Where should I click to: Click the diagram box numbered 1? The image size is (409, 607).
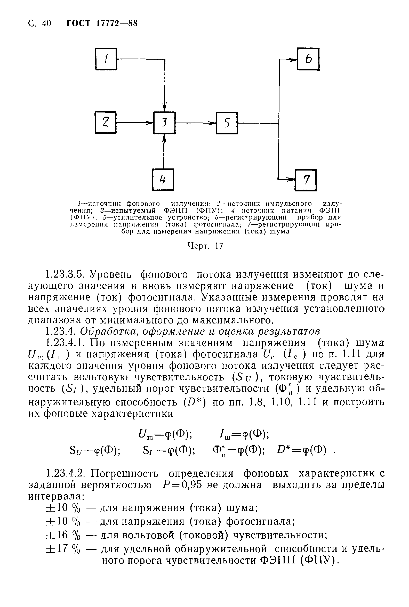click(106, 59)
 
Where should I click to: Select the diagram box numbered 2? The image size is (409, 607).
click(105, 122)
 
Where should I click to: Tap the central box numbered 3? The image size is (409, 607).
click(164, 123)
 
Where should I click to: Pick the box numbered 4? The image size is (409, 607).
click(163, 180)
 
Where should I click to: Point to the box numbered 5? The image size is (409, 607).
click(227, 123)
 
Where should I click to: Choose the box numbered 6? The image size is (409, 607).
click(308, 59)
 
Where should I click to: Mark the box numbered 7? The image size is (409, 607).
click(306, 180)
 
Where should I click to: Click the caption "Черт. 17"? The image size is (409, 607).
click(206, 246)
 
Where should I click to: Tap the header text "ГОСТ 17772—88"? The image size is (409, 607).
click(102, 24)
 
